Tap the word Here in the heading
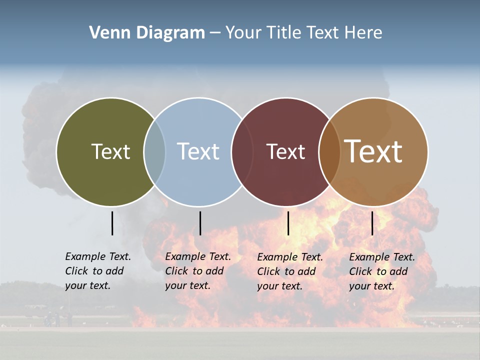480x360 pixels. tap(363, 33)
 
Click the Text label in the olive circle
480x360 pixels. tap(110, 151)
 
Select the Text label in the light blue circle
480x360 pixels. tap(198, 151)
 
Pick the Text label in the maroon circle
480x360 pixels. tap(285, 151)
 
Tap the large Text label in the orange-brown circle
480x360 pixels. tap(373, 151)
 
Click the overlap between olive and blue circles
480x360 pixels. tap(154, 151)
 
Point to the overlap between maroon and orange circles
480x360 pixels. tap(329, 151)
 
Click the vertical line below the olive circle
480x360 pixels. tap(112, 223)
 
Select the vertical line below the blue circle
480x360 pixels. tap(200, 223)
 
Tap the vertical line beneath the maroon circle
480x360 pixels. tap(288, 223)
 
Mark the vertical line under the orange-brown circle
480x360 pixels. tap(372, 223)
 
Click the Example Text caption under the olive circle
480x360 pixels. tap(98, 271)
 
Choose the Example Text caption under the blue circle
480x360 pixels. tap(198, 271)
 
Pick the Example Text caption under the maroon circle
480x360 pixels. tap(290, 271)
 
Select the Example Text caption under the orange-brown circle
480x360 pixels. tap(382, 271)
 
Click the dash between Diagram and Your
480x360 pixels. tap(214, 33)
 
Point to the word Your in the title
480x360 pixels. tap(244, 33)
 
